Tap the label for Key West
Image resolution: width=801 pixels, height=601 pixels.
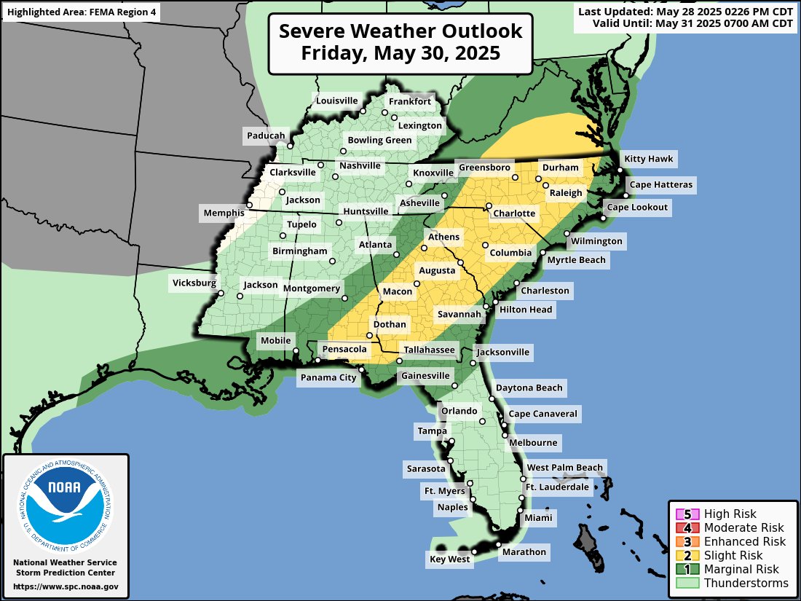point(449,559)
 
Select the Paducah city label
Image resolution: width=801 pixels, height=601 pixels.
point(266,135)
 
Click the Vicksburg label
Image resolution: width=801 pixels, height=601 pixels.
point(194,283)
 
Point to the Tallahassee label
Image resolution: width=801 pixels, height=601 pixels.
point(430,350)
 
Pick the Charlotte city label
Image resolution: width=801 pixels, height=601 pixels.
point(514,214)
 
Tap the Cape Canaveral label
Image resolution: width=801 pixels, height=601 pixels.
point(542,414)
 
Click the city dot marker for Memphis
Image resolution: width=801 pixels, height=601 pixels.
point(249,205)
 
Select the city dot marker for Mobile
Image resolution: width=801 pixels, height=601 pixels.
point(296,352)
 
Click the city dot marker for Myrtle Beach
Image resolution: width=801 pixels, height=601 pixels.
point(542,252)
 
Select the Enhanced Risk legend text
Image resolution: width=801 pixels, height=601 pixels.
point(745,541)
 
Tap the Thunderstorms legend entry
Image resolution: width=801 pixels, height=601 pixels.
point(746,583)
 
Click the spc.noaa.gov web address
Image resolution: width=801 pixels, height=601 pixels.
point(66,586)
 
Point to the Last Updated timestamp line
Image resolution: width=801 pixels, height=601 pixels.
point(685,11)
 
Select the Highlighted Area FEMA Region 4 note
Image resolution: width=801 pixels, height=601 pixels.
point(81,12)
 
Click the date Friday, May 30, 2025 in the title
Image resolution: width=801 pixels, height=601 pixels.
point(400,53)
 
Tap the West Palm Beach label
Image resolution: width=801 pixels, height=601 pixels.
point(565,468)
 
